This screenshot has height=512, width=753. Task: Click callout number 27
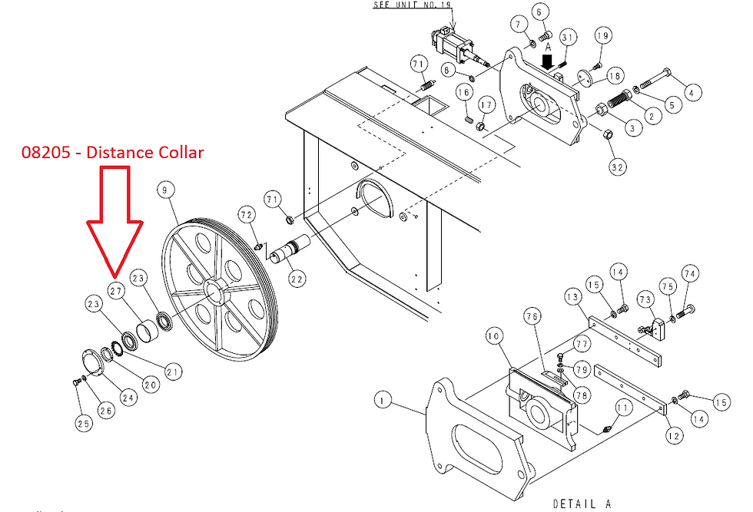pos(116,291)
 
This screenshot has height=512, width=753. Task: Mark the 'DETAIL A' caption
pos(582,504)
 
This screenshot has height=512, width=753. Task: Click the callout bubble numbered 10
pos(493,335)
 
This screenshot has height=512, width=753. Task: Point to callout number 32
pos(617,166)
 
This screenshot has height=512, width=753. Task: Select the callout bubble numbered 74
pos(689,274)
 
